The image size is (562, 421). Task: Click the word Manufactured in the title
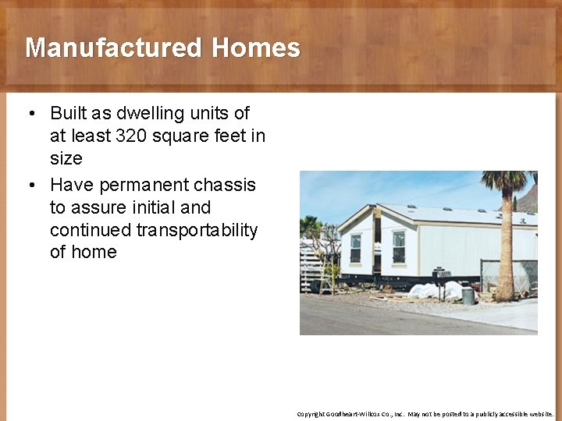(114, 48)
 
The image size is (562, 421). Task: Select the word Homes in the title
(256, 48)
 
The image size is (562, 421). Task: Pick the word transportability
(197, 230)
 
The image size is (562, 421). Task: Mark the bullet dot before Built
(30, 114)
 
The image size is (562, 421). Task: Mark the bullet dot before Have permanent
(30, 186)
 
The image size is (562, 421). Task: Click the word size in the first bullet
(66, 158)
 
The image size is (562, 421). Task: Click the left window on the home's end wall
(356, 247)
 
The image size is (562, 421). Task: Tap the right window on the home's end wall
(399, 246)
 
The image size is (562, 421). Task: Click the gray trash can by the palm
(468, 295)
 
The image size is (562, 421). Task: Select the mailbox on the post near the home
(443, 273)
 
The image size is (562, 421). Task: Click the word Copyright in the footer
(310, 414)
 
